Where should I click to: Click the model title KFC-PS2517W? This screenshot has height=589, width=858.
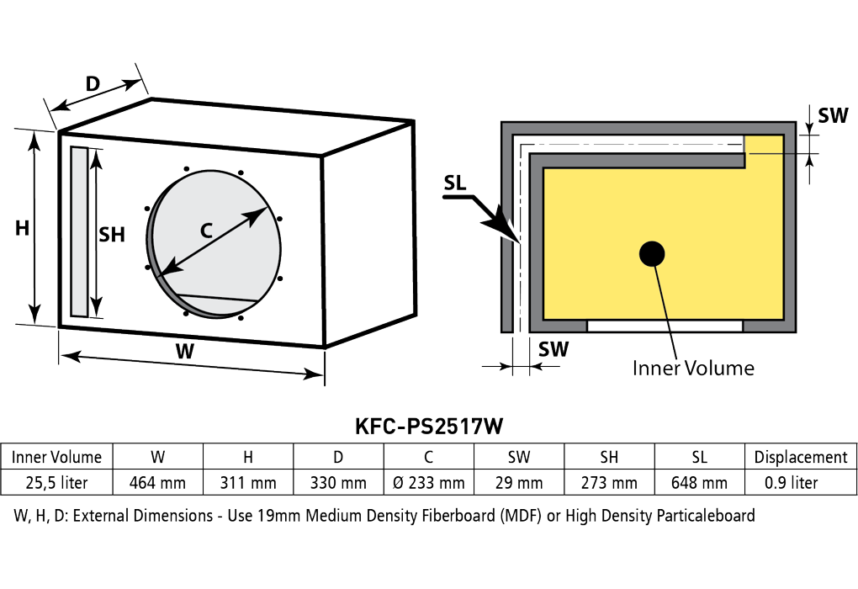point(428,426)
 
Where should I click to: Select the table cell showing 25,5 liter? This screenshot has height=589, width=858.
point(57,483)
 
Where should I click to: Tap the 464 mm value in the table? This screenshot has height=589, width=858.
point(157,483)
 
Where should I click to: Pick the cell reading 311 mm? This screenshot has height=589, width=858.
point(248,483)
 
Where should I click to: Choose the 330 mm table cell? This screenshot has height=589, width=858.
point(338,483)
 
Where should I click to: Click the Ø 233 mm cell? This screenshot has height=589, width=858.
point(428,483)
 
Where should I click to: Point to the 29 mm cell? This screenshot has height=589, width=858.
point(519,483)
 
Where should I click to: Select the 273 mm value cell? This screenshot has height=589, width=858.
point(609,483)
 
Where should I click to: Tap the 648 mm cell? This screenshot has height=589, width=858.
point(699,483)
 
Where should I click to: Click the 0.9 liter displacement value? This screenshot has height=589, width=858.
point(792,483)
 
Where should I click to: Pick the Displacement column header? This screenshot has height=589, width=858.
point(801,457)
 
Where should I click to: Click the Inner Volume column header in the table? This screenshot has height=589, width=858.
point(57,457)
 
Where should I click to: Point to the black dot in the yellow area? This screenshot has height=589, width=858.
point(652,254)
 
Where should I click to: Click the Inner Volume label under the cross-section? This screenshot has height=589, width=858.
point(693,368)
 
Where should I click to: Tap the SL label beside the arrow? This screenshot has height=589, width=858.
point(455,183)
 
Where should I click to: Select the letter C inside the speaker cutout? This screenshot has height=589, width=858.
point(206,231)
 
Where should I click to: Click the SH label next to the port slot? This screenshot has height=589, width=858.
point(112,235)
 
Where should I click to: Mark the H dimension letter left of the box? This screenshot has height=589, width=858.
point(22,228)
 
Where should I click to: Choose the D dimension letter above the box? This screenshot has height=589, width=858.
point(93,84)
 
